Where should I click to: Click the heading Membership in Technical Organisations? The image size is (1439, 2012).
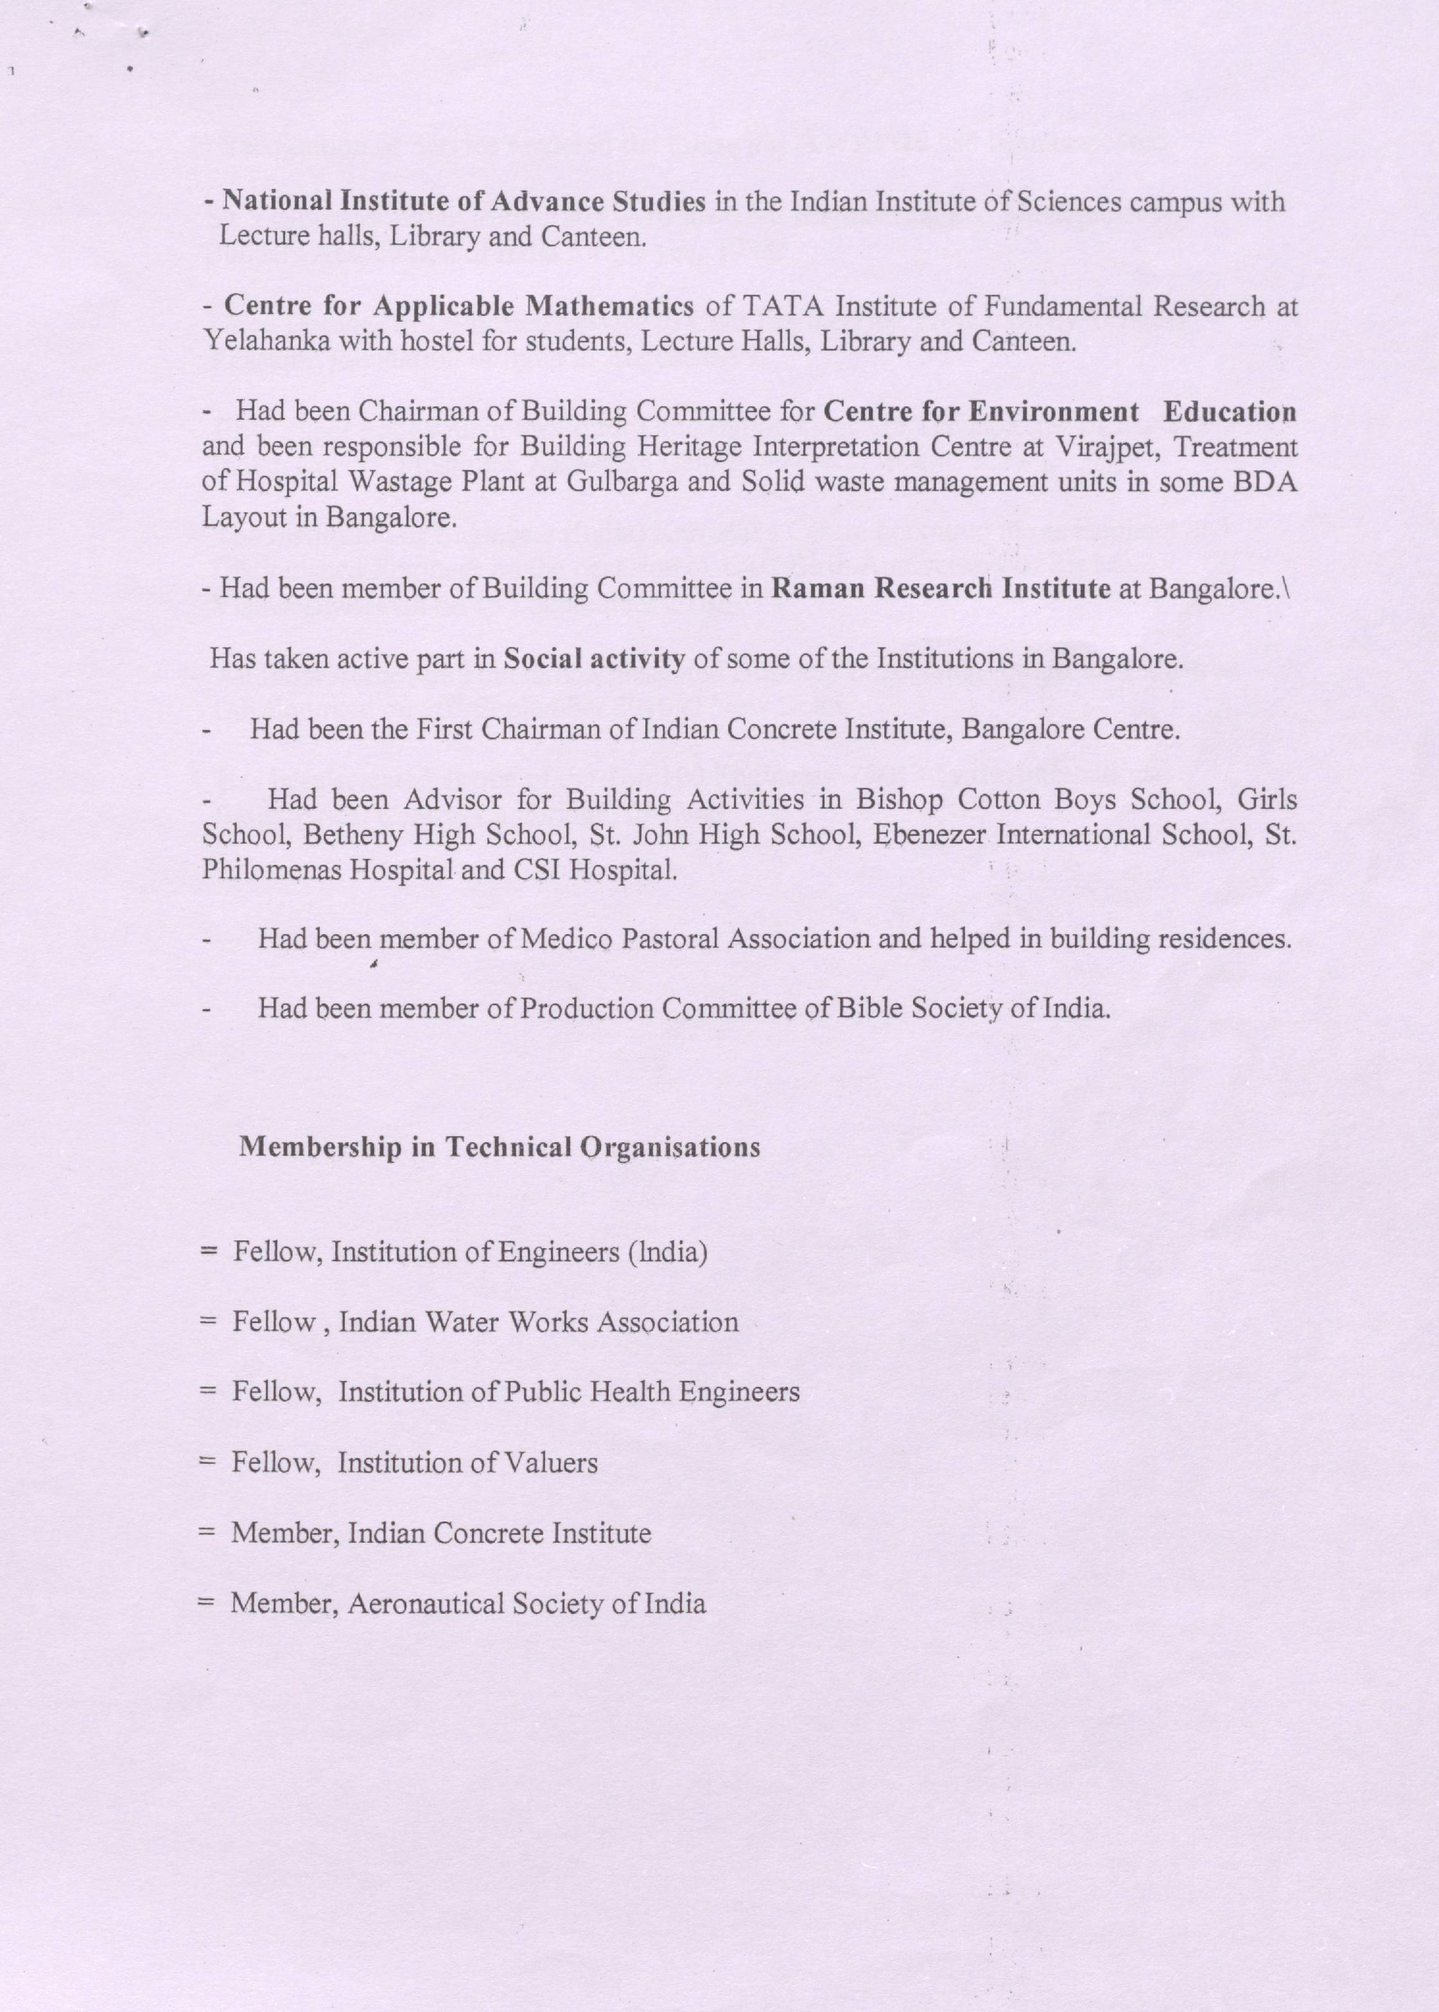(500, 1147)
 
